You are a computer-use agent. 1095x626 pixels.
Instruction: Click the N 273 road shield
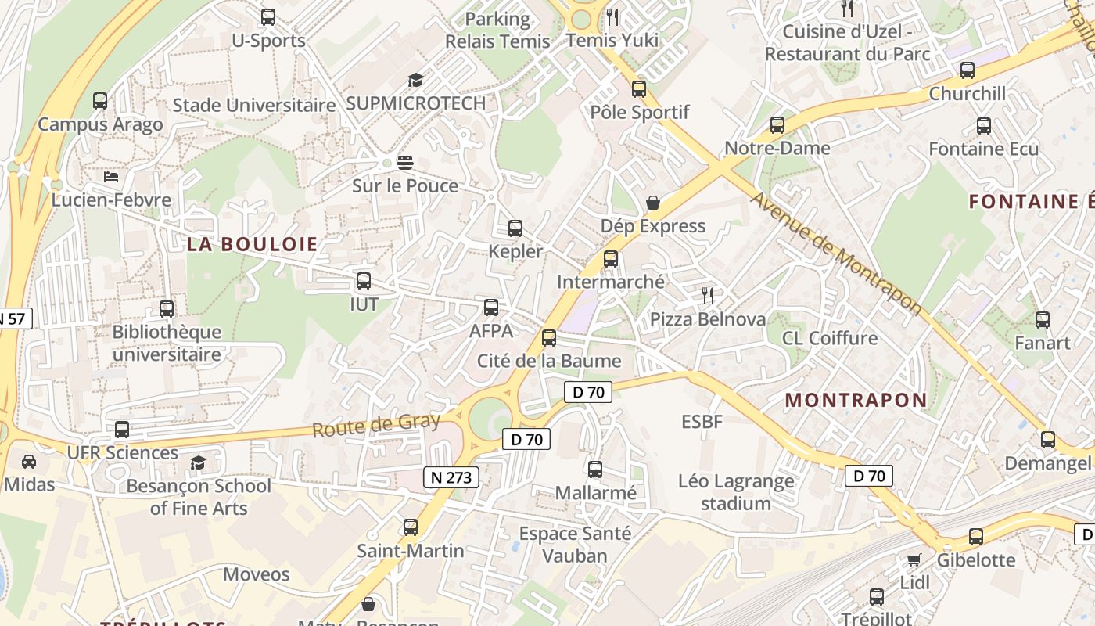451,477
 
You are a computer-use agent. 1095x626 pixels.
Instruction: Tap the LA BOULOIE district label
252,244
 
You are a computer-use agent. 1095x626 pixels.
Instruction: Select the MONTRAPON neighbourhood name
856,400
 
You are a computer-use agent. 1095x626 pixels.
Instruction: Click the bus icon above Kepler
515,228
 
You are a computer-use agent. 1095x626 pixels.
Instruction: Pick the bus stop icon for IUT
364,281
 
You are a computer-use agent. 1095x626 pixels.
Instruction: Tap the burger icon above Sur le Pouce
404,163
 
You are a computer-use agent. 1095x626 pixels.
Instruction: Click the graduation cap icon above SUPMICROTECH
415,80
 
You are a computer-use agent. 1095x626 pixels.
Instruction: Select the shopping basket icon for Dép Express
653,203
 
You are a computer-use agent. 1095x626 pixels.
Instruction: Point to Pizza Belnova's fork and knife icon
708,296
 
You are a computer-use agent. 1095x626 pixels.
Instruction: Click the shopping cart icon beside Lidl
914,559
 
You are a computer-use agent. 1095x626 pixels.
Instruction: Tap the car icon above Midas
29,462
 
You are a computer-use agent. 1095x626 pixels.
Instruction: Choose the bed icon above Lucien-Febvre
111,177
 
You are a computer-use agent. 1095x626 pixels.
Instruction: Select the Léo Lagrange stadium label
735,492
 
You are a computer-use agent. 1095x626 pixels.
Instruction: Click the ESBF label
702,422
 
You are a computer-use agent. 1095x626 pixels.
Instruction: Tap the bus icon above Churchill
968,70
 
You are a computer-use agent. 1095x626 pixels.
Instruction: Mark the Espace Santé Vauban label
575,545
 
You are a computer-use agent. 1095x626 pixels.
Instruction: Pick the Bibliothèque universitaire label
167,344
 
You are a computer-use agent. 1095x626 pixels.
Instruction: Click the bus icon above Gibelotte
976,537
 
